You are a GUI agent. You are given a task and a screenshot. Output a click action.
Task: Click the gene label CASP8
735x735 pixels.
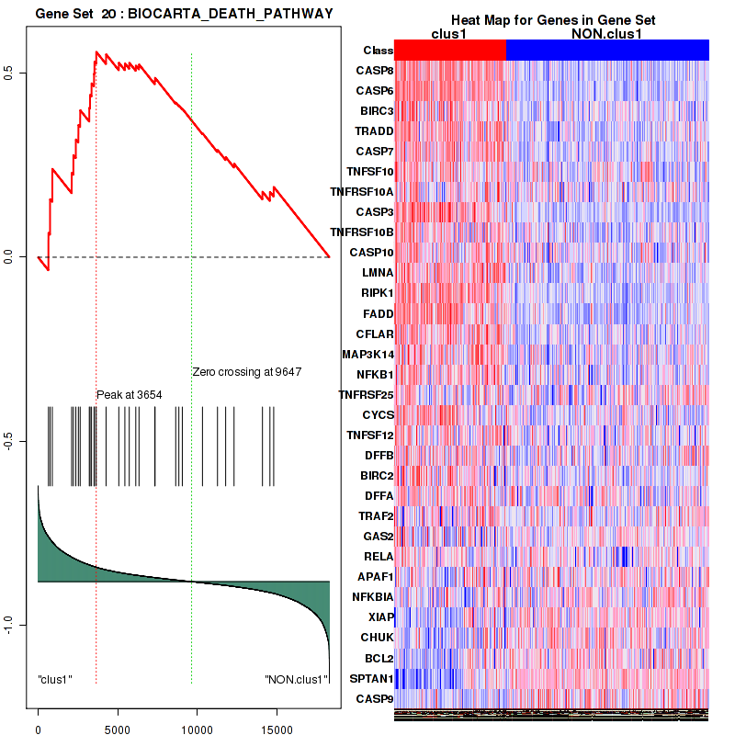[375, 71]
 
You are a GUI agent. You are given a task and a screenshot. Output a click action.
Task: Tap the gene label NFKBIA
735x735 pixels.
[371, 597]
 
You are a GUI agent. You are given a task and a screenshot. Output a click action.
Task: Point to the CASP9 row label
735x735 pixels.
[375, 699]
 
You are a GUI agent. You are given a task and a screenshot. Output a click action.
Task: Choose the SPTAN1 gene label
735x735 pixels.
[371, 679]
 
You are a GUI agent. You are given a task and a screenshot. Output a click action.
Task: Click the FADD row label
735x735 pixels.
[378, 313]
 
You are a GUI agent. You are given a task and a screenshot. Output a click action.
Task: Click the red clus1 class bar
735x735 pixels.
[450, 51]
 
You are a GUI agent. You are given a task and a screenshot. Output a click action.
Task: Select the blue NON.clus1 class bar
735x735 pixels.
[607, 51]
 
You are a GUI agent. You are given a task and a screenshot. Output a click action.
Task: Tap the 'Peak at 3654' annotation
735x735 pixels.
[130, 394]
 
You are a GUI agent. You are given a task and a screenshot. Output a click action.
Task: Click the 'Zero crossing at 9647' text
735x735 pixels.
[247, 372]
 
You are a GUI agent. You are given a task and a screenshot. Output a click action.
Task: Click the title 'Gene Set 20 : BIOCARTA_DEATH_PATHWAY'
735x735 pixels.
[184, 13]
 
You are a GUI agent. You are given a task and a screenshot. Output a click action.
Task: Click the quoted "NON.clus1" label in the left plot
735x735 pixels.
[296, 680]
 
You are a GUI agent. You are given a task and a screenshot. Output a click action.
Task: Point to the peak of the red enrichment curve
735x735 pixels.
[96, 52]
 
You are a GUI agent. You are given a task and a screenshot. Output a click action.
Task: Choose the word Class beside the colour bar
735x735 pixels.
[378, 51]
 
